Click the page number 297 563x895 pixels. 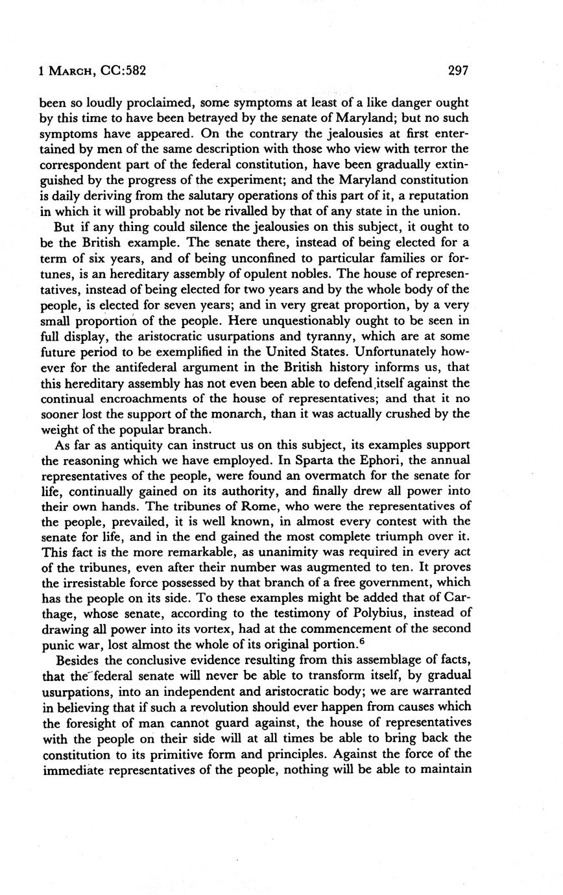(x=458, y=71)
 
